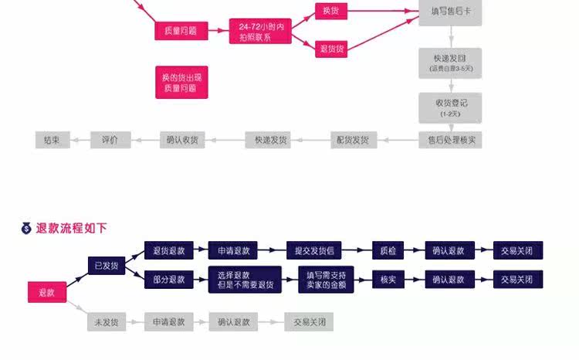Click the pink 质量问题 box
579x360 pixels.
181,31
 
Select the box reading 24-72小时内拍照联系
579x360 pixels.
261,32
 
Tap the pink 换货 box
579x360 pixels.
330,11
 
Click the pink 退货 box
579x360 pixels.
330,49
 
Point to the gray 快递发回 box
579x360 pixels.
450,63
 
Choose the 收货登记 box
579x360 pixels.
450,107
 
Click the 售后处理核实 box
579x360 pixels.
450,141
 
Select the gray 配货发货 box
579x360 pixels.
352,141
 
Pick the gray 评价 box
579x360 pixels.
110,141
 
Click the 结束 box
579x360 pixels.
52,141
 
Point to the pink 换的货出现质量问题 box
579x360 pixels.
181,83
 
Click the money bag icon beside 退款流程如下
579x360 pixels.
26,228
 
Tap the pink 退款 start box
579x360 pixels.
46,293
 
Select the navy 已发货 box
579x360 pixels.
107,266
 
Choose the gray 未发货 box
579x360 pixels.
107,322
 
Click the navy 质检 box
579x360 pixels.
383,251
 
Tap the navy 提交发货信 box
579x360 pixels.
313,251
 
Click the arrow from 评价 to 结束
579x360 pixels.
80,141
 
